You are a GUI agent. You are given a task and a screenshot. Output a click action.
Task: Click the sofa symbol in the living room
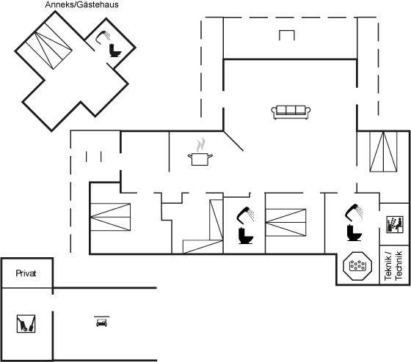291,112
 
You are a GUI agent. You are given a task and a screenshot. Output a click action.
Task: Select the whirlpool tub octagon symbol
357,266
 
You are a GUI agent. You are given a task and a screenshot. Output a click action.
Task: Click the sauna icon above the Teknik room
395,224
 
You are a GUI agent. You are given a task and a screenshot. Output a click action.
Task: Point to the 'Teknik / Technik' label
393,265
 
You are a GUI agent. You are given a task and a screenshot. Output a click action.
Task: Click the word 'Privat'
26,273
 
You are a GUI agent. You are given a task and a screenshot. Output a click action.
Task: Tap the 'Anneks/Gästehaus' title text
81,4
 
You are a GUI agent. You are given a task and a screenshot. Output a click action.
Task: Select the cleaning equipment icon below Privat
26,323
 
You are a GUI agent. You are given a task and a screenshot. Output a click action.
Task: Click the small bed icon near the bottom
102,322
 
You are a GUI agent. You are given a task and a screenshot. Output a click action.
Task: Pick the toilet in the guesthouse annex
114,51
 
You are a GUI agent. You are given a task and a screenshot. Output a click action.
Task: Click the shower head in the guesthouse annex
103,37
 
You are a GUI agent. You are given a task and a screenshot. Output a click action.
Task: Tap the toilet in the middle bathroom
246,236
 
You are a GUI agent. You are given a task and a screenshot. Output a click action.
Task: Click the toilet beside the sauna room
354,233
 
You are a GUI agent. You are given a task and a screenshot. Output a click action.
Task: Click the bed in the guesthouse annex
49,46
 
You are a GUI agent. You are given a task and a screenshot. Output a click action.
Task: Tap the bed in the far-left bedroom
110,217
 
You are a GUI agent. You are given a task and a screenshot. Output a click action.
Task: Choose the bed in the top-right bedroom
383,152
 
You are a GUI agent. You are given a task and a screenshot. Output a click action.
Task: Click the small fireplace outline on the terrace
287,35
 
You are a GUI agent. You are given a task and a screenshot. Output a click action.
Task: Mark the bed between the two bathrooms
285,223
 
